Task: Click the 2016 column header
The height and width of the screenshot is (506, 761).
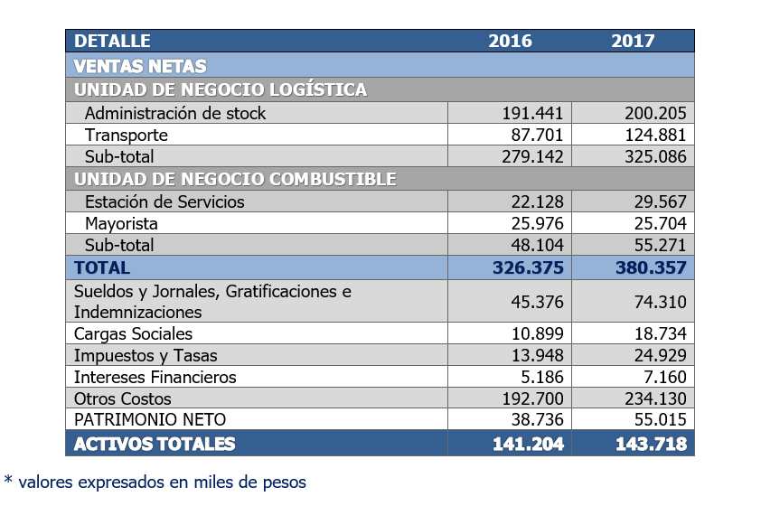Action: click(x=510, y=41)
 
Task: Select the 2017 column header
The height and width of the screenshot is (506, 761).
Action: click(x=633, y=41)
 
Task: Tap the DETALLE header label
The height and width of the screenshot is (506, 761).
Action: click(x=112, y=41)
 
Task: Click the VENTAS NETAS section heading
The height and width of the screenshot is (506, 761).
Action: click(x=140, y=66)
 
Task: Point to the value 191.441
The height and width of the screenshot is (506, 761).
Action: click(x=532, y=113)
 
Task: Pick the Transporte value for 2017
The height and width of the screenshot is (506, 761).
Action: click(x=655, y=135)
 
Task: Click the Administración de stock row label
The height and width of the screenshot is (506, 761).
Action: click(x=175, y=113)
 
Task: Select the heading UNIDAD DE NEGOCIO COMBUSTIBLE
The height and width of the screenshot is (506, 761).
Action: click(x=235, y=179)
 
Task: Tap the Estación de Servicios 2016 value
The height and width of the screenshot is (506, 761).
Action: click(x=537, y=201)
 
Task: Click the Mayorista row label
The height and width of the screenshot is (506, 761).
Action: click(x=121, y=224)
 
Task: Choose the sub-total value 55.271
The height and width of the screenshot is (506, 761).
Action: click(x=660, y=245)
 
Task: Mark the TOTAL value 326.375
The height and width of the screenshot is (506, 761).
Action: click(x=528, y=267)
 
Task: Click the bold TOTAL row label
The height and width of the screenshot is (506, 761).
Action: click(x=102, y=267)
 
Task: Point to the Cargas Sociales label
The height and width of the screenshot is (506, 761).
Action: click(x=133, y=333)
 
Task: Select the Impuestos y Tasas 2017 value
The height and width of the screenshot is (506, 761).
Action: click(x=660, y=356)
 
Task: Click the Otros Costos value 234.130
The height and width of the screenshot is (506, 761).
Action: click(x=655, y=398)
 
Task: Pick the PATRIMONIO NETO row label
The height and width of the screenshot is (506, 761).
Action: click(x=150, y=419)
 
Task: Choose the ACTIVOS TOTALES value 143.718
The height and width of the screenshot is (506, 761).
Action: click(x=651, y=444)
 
